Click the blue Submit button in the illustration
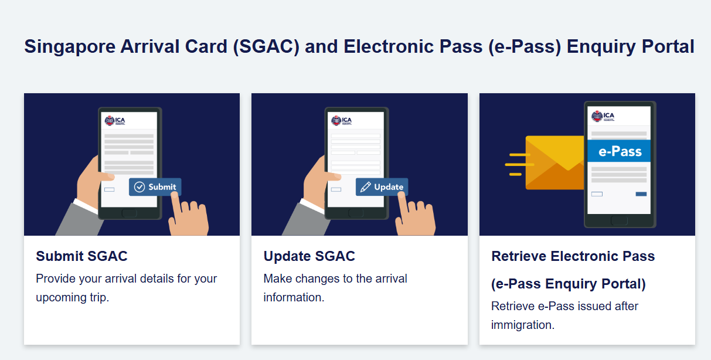point(155,187)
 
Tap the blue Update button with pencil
point(382,187)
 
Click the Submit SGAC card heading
point(81,256)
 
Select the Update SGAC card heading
point(309,256)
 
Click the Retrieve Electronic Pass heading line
point(573,256)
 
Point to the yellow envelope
point(554,162)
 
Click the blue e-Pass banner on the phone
point(619,151)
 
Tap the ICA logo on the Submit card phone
point(115,121)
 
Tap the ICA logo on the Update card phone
point(342,121)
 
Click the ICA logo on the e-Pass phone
point(603,116)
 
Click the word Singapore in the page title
point(70,47)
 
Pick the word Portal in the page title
point(668,46)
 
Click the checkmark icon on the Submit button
point(140,187)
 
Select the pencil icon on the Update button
point(365,187)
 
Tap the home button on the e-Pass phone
point(619,220)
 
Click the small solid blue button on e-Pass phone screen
point(641,194)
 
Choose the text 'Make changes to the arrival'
point(335,279)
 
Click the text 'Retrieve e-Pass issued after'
point(564,306)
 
